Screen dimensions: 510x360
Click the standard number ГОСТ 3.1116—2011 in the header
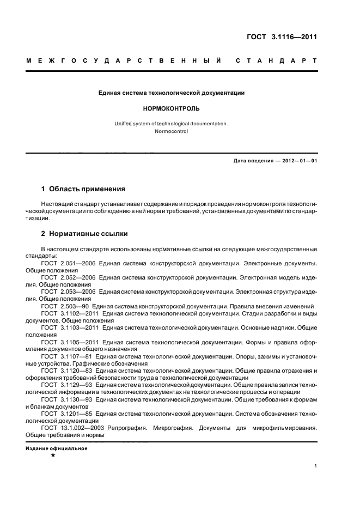[282, 37]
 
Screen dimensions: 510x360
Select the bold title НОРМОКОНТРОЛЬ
[172, 108]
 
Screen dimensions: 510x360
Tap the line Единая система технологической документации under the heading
[172, 93]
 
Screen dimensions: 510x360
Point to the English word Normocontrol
[172, 131]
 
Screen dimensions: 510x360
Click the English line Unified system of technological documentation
[172, 123]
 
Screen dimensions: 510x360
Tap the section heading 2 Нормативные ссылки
[85, 234]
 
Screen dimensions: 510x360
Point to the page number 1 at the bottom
[316, 466]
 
